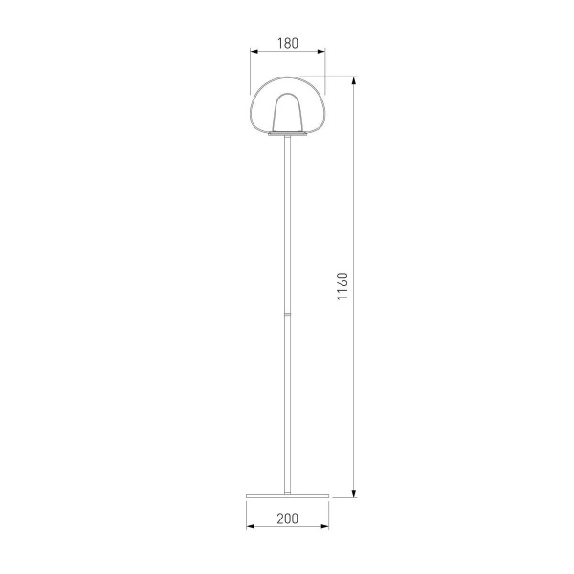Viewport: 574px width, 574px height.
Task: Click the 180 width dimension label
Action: coord(288,43)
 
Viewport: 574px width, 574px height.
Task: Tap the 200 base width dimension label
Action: coord(287,519)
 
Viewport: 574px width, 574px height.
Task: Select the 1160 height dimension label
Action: coord(342,286)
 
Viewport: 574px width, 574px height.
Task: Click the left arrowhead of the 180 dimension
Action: coord(254,52)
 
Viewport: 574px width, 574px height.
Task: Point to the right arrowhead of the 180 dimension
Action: coord(321,52)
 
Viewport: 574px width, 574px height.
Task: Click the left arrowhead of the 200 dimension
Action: coord(251,526)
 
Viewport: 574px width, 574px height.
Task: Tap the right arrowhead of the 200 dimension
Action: coord(324,526)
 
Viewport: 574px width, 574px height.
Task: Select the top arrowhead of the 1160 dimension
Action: coord(354,81)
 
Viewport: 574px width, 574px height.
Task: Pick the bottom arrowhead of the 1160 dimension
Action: coord(354,494)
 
